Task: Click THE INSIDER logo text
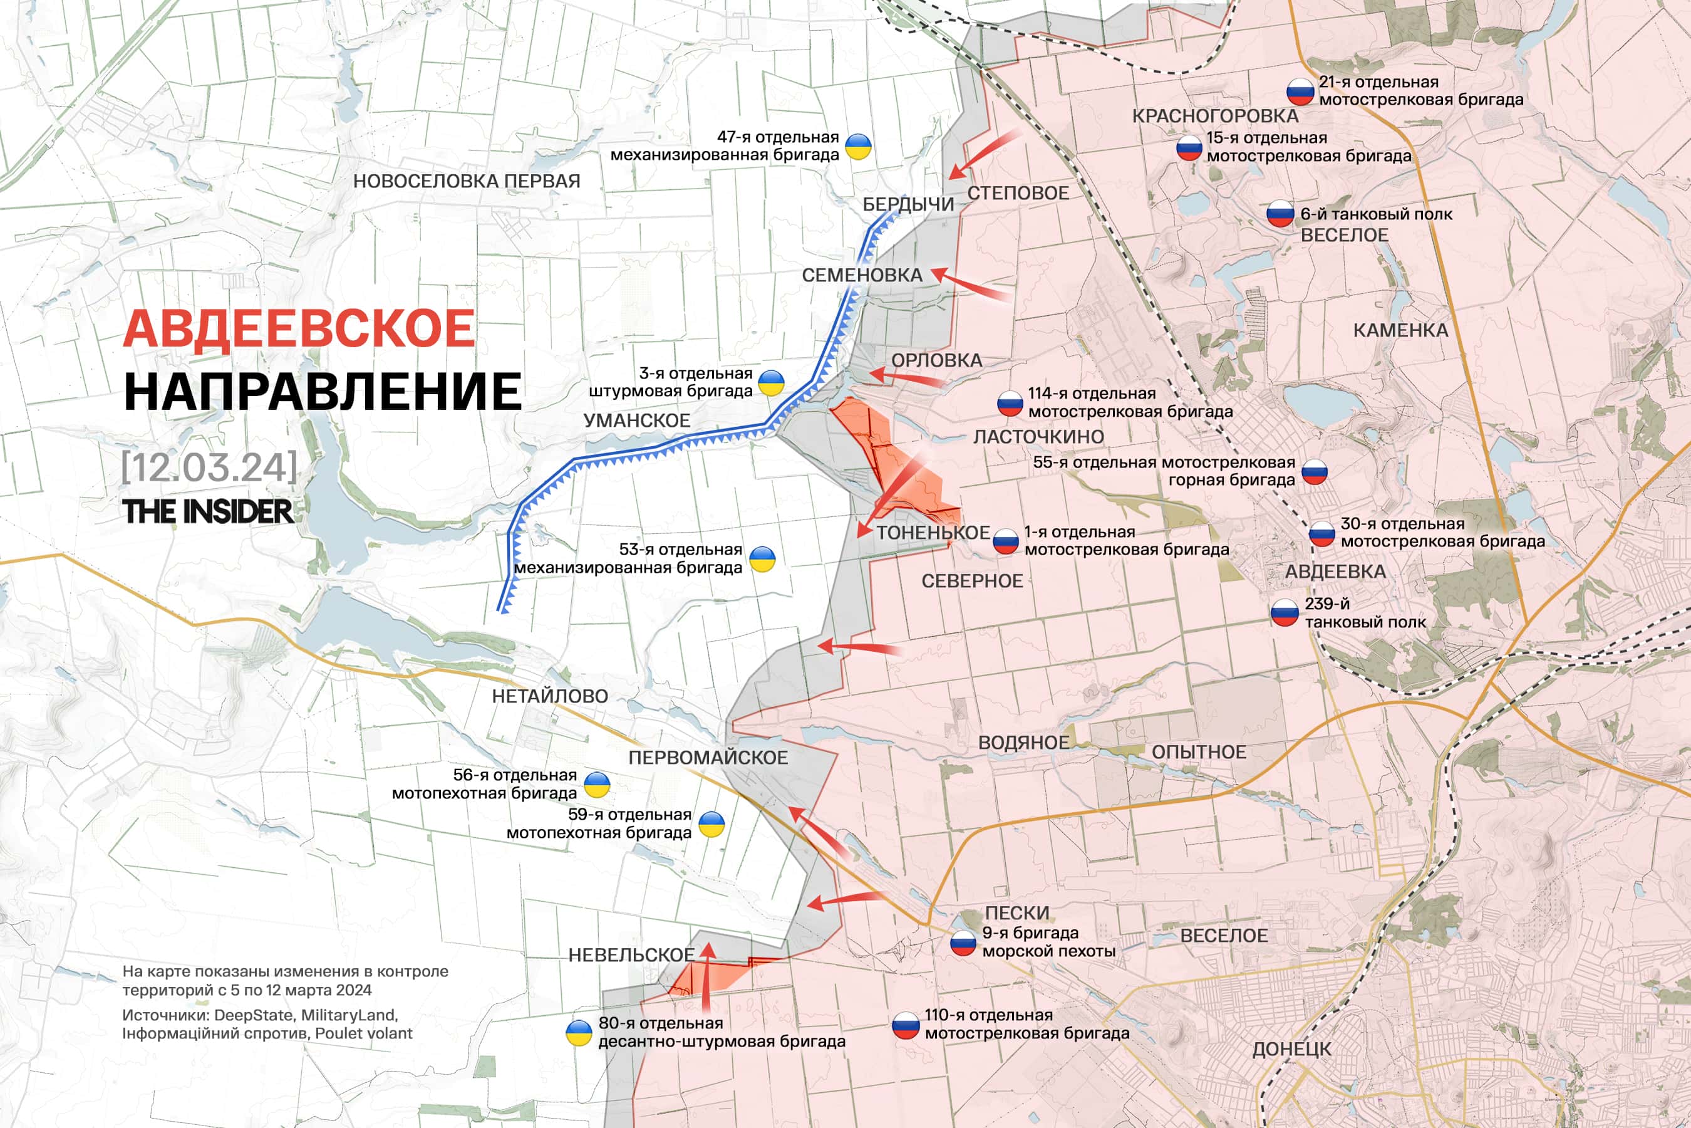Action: point(208,511)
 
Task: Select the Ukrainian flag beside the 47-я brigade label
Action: point(858,146)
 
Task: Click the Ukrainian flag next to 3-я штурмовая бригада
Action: point(772,383)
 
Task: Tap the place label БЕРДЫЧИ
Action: point(908,204)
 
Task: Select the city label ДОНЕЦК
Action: point(1291,1049)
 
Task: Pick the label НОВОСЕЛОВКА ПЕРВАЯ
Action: point(467,181)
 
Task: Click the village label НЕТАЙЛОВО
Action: point(549,696)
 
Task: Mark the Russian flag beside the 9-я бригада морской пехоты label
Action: point(963,942)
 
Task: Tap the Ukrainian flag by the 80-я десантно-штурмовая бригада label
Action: point(579,1032)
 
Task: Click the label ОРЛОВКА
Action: point(936,360)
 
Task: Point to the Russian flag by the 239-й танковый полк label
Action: point(1284,613)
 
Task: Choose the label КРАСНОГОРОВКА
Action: point(1215,116)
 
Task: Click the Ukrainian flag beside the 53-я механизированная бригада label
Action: point(762,558)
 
